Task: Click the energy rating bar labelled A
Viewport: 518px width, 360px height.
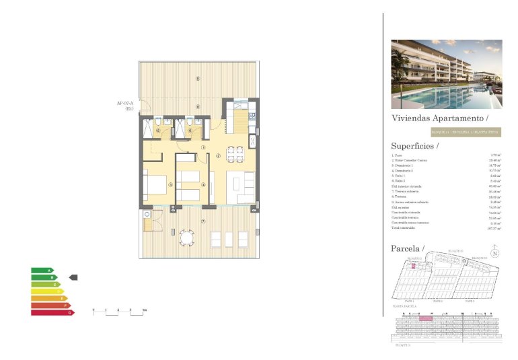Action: pyautogui.click(x=42, y=271)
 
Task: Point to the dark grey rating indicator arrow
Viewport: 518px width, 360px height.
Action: pyautogui.click(x=74, y=277)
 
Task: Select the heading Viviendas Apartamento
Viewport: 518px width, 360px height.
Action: pyautogui.click(x=444, y=118)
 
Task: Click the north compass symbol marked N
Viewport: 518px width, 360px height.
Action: pyautogui.click(x=494, y=254)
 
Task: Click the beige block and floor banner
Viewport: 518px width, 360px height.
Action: pyautogui.click(x=446, y=133)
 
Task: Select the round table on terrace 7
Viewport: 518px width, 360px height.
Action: pyautogui.click(x=186, y=238)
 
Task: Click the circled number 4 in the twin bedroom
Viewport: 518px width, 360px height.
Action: pyautogui.click(x=203, y=184)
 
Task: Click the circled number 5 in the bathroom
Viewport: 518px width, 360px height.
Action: pyautogui.click(x=157, y=131)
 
